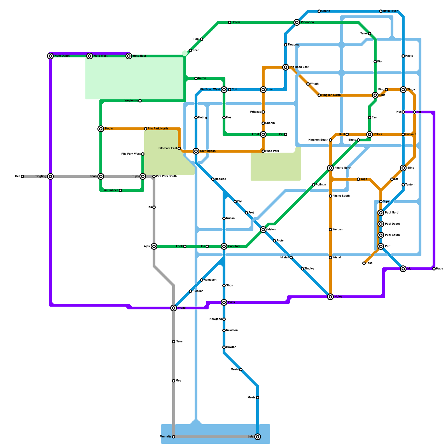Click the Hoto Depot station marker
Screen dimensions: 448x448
click(x=50, y=56)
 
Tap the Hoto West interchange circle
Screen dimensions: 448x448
click(x=90, y=56)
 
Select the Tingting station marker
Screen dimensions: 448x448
click(x=50, y=176)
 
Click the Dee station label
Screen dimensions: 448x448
click(x=18, y=176)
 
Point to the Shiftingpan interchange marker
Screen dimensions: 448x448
click(x=196, y=151)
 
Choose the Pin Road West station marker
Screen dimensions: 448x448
click(x=224, y=90)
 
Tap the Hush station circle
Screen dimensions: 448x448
click(x=263, y=90)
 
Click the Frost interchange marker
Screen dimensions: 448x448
click(x=263, y=134)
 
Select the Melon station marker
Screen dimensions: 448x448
click(x=263, y=230)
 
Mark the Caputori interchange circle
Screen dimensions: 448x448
click(x=224, y=246)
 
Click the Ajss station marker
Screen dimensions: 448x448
click(x=154, y=246)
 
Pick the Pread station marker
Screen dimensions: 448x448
click(x=174, y=308)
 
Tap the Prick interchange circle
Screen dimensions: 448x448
click(x=224, y=302)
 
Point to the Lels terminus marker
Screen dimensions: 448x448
click(x=258, y=437)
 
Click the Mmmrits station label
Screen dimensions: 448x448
click(x=165, y=437)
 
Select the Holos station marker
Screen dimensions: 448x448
click(x=330, y=297)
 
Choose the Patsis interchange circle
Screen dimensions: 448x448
click(x=370, y=134)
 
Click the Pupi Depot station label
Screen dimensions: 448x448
click(x=392, y=224)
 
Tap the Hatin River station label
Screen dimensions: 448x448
click(x=390, y=11)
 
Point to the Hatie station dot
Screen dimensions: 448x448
click(x=434, y=269)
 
